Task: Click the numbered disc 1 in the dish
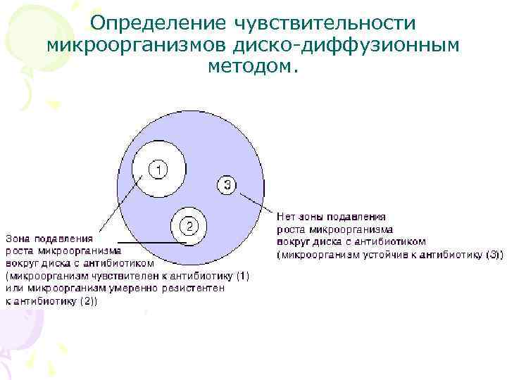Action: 159,170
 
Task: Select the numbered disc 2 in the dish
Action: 189,226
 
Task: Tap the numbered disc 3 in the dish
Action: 226,184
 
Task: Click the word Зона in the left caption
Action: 20,238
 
